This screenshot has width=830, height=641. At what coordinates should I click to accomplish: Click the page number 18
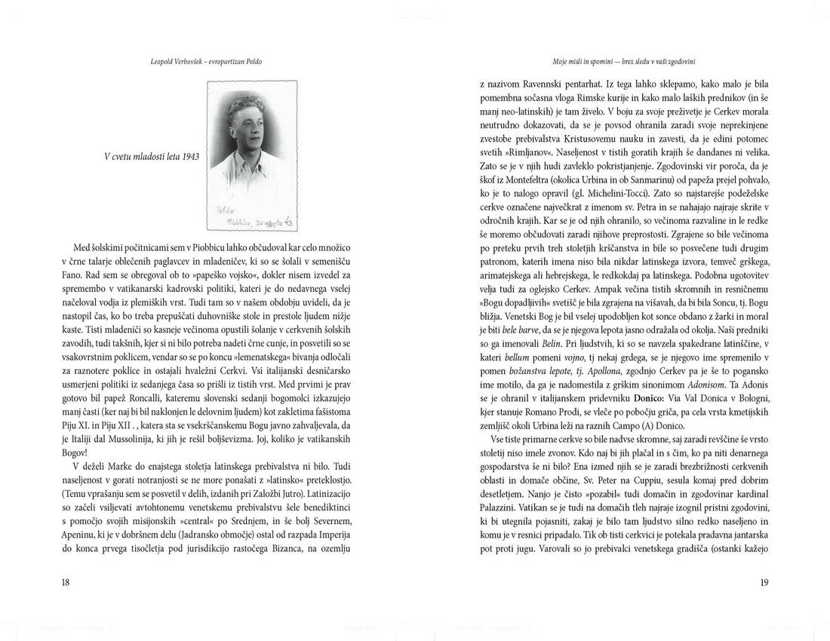pos(66,581)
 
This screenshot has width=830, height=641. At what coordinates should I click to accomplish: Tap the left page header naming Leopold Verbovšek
pos(207,60)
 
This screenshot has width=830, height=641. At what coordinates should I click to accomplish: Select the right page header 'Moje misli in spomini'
pos(623,60)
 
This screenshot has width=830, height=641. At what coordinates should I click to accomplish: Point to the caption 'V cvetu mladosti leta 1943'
pos(152,157)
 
